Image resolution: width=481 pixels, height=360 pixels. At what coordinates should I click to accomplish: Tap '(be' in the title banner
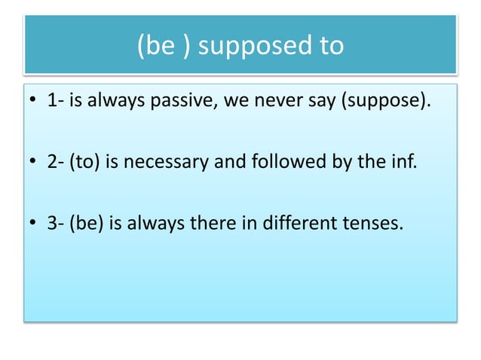[155, 46]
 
